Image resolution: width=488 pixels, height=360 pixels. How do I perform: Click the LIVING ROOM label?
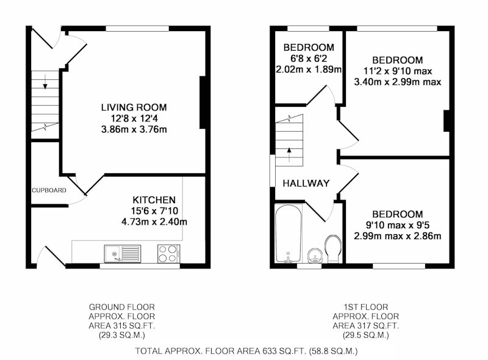134,107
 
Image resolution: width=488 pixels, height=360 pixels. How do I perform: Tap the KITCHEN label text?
154,200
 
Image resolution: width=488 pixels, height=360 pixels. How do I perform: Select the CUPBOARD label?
49,190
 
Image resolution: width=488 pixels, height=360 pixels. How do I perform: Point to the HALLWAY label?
306,183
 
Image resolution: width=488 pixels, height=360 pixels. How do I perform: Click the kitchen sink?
123,253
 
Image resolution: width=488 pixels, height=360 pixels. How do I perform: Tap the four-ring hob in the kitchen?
169,253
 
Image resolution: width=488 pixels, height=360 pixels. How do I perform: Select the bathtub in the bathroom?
289,234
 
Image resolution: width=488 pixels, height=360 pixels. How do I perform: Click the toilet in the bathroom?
333,249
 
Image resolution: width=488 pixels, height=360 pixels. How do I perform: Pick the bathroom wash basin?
315,256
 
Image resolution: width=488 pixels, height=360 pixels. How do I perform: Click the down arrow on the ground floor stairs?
45,82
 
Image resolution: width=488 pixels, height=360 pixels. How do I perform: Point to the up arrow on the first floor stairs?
289,154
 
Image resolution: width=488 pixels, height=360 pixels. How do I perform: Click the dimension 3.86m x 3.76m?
134,129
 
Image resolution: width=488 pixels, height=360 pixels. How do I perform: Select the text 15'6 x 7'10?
154,211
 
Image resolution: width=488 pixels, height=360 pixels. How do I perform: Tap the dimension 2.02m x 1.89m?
309,69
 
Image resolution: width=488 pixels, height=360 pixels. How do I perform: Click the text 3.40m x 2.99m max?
398,82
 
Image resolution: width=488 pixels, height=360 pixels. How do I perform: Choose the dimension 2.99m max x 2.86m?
398,236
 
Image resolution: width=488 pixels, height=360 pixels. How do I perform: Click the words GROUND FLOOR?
121,307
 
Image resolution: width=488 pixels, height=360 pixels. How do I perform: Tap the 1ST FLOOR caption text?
365,307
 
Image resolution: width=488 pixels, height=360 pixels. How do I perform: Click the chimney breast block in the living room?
203,103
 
